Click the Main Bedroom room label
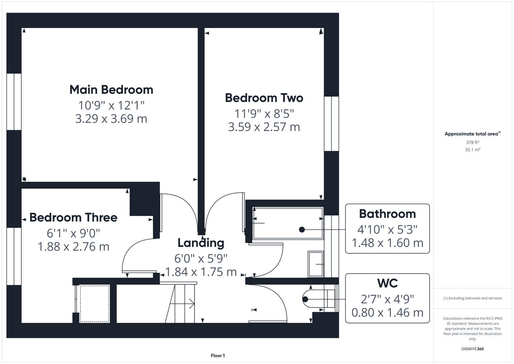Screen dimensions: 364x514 tap(111, 90)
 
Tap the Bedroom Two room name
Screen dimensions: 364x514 tap(264, 98)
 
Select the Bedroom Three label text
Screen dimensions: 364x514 tap(73, 217)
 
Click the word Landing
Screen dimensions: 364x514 tap(201, 243)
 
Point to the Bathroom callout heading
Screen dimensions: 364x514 tap(387, 214)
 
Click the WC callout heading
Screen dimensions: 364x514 tap(387, 283)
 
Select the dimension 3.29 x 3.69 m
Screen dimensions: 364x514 tap(111, 119)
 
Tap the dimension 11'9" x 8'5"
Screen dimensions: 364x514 tap(264, 114)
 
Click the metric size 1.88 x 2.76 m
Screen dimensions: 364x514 tap(73, 247)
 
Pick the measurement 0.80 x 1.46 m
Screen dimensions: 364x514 tap(387, 312)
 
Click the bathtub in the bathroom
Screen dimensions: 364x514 tap(288, 223)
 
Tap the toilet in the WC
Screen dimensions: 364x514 tap(318, 299)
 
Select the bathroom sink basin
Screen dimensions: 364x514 tap(316, 264)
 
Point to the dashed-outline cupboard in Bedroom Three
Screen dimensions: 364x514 tap(95, 304)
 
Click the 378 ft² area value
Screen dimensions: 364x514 tap(472, 142)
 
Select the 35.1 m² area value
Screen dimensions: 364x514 tap(472, 150)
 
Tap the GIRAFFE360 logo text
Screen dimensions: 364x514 tap(472, 349)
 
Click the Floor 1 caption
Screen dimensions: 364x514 tap(218, 356)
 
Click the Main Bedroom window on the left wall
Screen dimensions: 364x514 tap(14, 102)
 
